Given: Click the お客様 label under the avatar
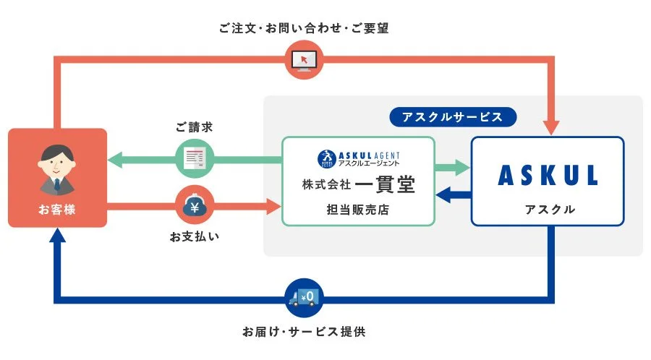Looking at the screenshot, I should pos(57,210).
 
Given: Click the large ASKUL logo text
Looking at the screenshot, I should pos(547,175).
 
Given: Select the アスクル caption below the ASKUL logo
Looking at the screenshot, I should pos(548,210).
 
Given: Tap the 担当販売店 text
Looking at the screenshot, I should pos(359,210).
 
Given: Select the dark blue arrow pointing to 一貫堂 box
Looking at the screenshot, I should pos(446,194).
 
